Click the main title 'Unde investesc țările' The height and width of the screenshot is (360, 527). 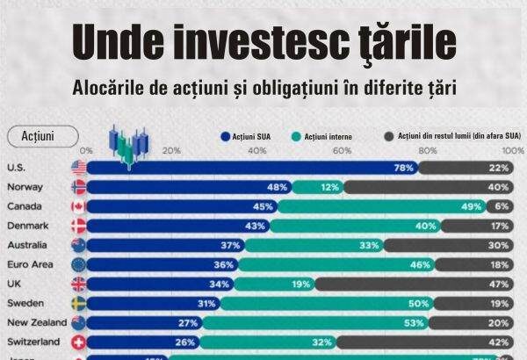click(263, 42)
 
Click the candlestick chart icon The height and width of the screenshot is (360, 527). click(130, 146)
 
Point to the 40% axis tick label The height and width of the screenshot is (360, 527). click(257, 151)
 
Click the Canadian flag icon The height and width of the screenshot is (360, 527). click(78, 206)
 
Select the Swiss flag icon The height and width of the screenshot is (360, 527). click(78, 341)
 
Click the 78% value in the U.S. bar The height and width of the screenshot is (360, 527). click(403, 168)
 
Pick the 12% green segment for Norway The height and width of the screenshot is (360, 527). click(316, 187)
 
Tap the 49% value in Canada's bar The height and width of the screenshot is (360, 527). click(472, 206)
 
